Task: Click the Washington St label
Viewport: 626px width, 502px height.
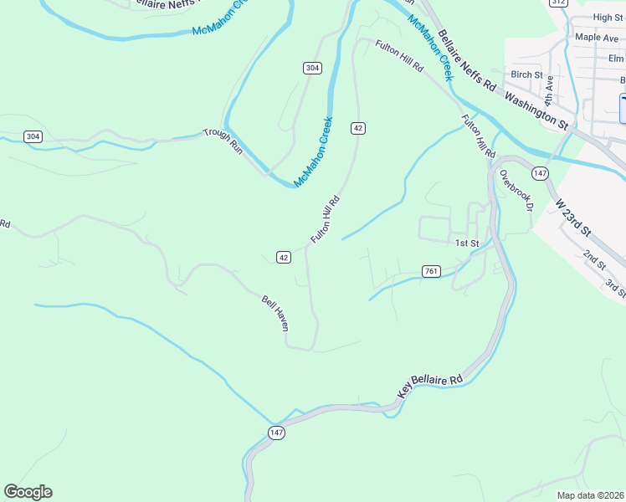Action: [537, 108]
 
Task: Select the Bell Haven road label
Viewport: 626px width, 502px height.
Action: [275, 312]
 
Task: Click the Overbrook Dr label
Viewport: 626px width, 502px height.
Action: [515, 192]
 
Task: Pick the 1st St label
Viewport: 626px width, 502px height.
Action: [466, 243]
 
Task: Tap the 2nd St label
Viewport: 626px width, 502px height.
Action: [594, 259]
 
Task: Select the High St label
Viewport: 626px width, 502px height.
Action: [608, 17]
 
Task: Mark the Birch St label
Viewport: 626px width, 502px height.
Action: [526, 74]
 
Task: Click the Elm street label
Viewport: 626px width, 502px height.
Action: [616, 58]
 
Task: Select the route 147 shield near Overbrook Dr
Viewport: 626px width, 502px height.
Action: [541, 173]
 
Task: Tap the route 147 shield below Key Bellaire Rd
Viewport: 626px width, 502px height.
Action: [277, 433]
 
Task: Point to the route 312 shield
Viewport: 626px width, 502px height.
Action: [558, 3]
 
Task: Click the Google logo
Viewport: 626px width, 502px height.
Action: [28, 492]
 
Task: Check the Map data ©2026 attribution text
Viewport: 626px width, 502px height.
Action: [590, 495]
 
